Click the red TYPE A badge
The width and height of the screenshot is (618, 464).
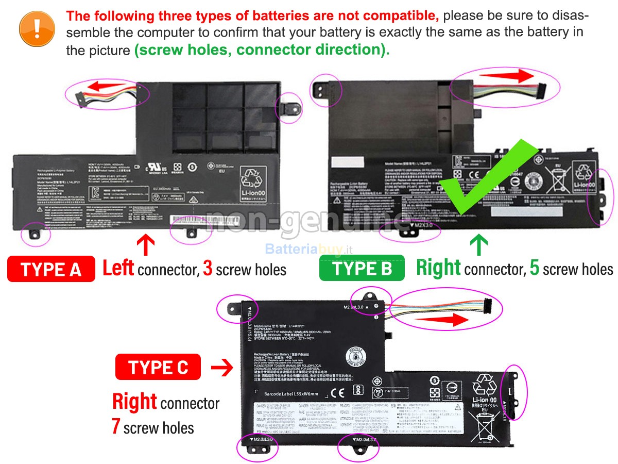click(x=51, y=269)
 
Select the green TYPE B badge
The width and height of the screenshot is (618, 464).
click(x=362, y=269)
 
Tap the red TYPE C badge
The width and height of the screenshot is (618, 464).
click(x=159, y=368)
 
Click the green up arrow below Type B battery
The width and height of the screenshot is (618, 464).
click(x=479, y=244)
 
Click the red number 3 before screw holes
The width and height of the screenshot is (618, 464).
click(x=208, y=269)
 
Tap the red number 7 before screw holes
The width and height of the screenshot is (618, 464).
click(x=116, y=426)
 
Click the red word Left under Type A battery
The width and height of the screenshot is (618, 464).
click(x=118, y=268)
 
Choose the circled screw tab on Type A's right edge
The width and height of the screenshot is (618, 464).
click(x=289, y=107)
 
